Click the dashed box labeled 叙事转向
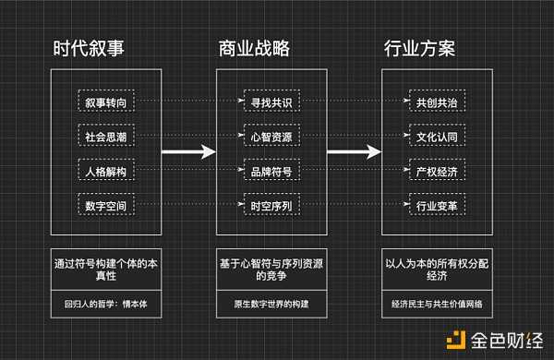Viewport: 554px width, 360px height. tap(105, 101)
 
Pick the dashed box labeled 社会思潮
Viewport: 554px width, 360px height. tap(105, 136)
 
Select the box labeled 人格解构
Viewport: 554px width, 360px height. tap(105, 171)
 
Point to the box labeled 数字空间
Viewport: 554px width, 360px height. tap(105, 206)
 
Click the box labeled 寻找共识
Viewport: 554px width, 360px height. tap(268, 101)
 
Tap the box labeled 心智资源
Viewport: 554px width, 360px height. tap(268, 136)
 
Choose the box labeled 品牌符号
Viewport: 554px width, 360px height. tap(268, 171)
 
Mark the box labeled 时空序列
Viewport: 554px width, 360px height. tap(268, 206)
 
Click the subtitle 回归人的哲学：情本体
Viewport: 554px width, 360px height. tap(105, 303)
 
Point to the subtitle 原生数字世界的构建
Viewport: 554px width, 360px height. tap(269, 303)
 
